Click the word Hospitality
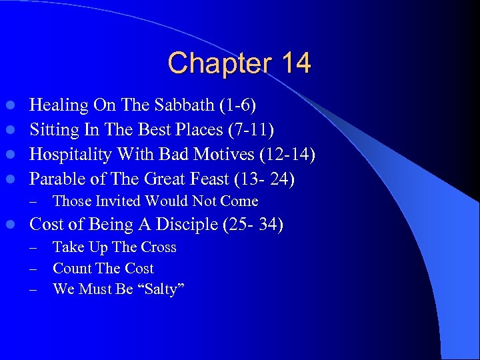72,155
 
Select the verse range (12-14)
287,155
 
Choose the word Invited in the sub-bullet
120,201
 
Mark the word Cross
159,247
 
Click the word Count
71,269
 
